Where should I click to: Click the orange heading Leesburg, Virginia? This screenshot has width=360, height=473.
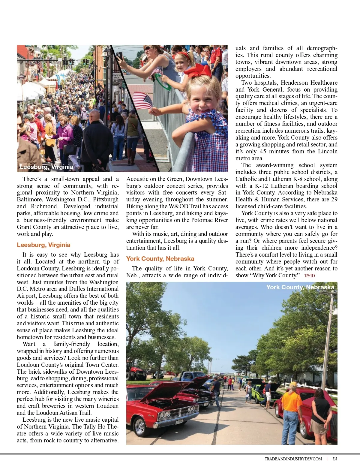[x=43, y=245]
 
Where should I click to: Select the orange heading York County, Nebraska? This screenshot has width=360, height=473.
[x=160, y=259]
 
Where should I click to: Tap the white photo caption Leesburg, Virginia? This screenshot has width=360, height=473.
[x=46, y=167]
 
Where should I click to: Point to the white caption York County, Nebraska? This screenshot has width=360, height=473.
[x=300, y=287]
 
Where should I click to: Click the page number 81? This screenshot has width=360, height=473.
[x=335, y=459]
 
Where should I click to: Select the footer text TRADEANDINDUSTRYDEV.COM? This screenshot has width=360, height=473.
[x=293, y=459]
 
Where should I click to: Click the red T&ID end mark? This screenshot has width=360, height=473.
[x=309, y=276]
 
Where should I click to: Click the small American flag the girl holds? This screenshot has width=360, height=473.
[x=142, y=101]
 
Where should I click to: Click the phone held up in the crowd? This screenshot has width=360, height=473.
[x=119, y=56]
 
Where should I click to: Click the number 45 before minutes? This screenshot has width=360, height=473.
[x=263, y=152]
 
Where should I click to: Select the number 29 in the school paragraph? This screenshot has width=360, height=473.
[x=334, y=200]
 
